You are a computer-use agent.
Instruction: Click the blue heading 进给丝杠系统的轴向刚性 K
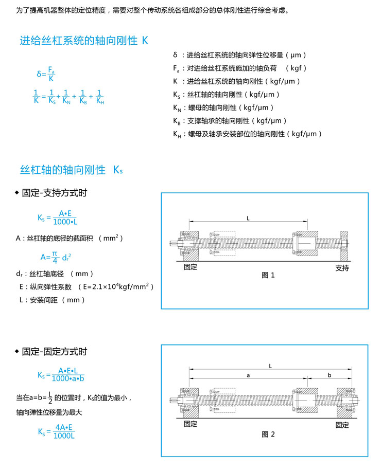[x=84, y=41]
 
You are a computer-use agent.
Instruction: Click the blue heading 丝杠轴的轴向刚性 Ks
[x=71, y=169]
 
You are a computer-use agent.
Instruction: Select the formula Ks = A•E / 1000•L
[x=57, y=218]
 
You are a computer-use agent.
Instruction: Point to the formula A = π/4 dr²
[x=56, y=256]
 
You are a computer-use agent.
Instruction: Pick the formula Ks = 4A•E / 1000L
[x=56, y=431]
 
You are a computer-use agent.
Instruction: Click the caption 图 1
[x=268, y=275]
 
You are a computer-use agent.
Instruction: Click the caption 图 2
[x=268, y=434]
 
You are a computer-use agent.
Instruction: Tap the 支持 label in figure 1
[x=342, y=268]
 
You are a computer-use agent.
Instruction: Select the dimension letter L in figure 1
[x=248, y=218]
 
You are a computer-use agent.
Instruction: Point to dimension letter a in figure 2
[x=248, y=375]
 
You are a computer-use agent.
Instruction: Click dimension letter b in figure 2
[x=330, y=375]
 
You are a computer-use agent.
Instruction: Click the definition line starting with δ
[x=240, y=55]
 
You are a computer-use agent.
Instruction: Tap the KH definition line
[x=248, y=134]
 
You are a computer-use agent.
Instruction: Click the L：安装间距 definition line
[x=52, y=300]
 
